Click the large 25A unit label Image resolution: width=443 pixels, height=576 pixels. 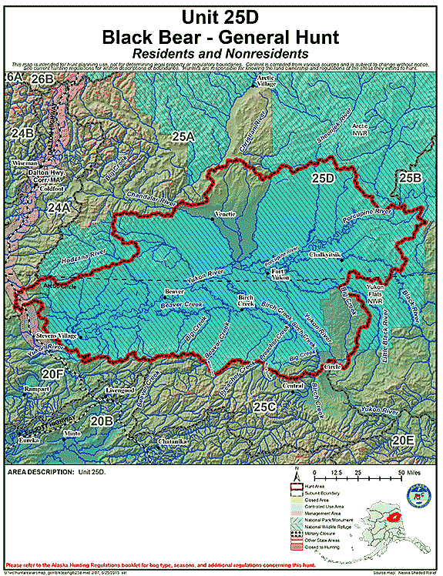(183, 137)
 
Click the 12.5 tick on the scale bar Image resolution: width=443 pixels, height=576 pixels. (336, 472)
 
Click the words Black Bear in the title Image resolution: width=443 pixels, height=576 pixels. (176, 35)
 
